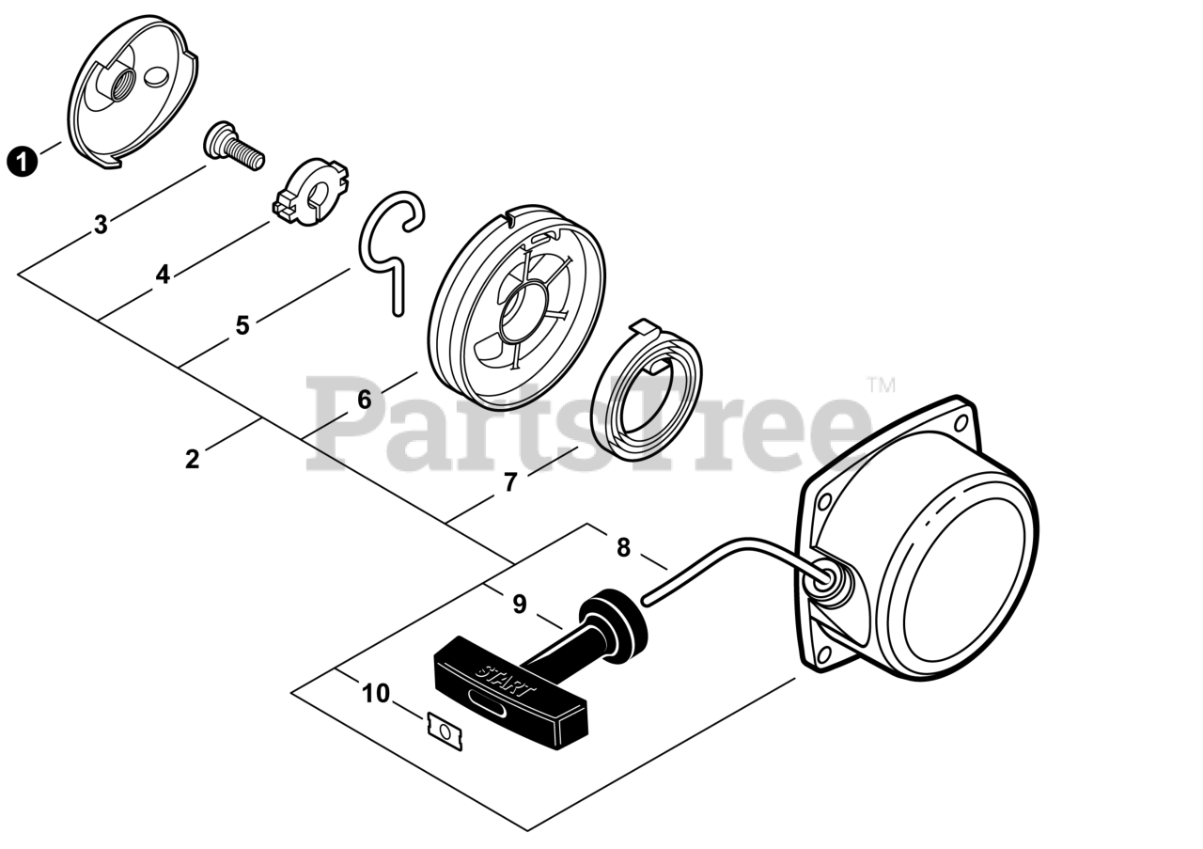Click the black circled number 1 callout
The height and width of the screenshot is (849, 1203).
click(x=22, y=161)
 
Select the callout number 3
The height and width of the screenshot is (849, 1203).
click(x=101, y=226)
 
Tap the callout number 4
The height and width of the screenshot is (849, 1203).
click(x=163, y=275)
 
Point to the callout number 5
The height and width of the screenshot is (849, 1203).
click(x=242, y=325)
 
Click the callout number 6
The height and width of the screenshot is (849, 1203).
click(x=364, y=400)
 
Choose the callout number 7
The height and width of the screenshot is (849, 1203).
click(x=510, y=482)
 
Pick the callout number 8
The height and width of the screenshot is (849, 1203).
click(x=623, y=547)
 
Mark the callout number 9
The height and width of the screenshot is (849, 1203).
click(x=520, y=605)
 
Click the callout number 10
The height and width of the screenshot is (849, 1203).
click(x=375, y=694)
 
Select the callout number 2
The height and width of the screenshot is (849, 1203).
click(x=193, y=460)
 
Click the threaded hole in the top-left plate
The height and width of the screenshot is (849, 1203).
click(x=120, y=90)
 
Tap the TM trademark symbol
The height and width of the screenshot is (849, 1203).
click(x=881, y=385)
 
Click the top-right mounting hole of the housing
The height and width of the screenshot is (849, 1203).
click(x=961, y=425)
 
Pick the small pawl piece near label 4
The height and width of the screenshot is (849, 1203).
click(x=310, y=192)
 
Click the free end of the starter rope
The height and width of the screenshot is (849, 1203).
click(x=647, y=598)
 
